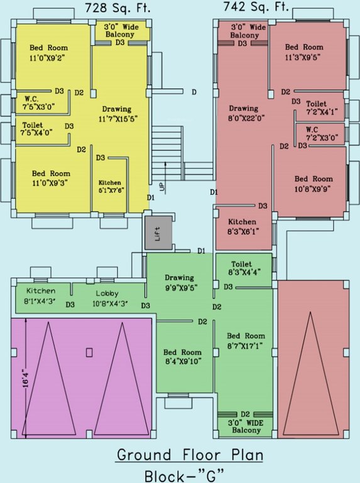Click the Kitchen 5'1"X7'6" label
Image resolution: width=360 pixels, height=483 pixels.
110,186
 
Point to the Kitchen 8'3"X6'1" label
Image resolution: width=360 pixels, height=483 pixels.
242,226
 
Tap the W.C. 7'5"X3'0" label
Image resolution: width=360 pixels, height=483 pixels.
39,103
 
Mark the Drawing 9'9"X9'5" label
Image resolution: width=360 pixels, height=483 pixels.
180,282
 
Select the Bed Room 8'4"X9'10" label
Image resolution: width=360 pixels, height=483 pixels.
183,357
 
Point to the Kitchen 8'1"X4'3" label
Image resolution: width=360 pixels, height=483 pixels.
40,296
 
